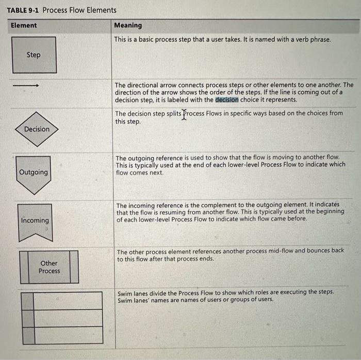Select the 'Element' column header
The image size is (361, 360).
pyautogui.click(x=24, y=25)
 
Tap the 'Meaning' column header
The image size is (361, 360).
pyautogui.click(x=128, y=25)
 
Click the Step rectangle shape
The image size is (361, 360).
pyautogui.click(x=34, y=55)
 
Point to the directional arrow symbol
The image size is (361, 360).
pyautogui.click(x=26, y=85)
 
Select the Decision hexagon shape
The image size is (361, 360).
pyautogui.click(x=37, y=129)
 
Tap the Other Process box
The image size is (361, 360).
pyautogui.click(x=49, y=267)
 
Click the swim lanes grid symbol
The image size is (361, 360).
pyautogui.click(x=61, y=317)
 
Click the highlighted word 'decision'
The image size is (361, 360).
pyautogui.click(x=227, y=99)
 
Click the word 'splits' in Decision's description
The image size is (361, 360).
pyautogui.click(x=171, y=113)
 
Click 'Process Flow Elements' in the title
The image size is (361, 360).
pyautogui.click(x=79, y=10)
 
